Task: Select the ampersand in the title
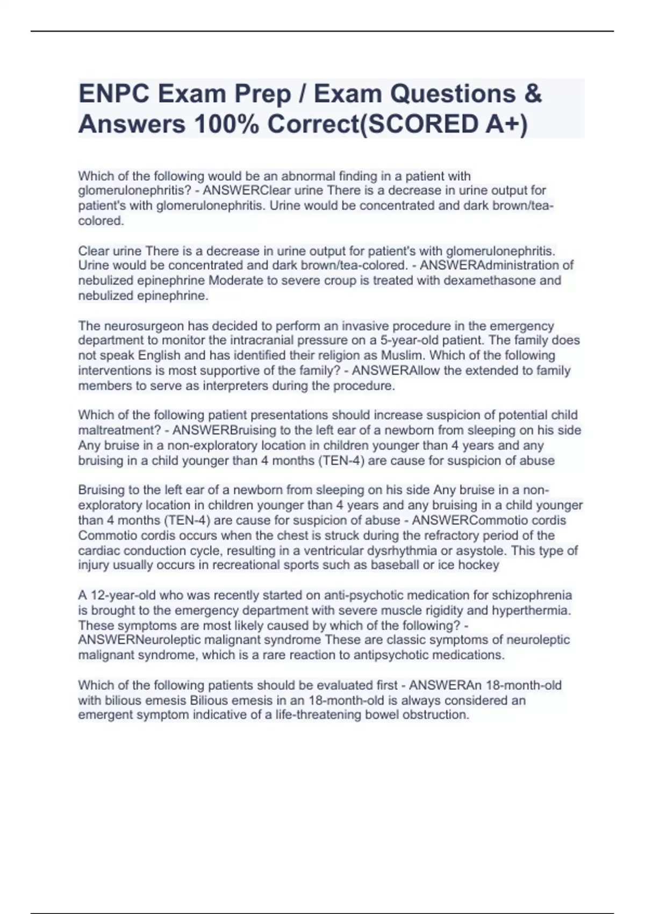(532, 94)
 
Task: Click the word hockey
(480, 565)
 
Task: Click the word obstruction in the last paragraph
(436, 715)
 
